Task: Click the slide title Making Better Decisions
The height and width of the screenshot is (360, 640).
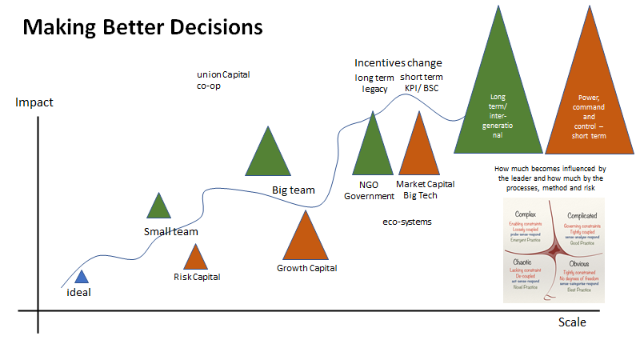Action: point(142,27)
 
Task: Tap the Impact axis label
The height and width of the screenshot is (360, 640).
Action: point(34,103)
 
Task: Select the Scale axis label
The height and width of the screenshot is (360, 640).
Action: point(572,322)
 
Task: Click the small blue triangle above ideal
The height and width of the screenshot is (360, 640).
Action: point(81,278)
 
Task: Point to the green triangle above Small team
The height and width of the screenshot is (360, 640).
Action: point(159,208)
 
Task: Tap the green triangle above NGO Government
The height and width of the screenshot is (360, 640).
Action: point(373,147)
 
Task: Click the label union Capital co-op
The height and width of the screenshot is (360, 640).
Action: point(223,79)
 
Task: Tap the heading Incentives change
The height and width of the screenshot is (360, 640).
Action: point(398,62)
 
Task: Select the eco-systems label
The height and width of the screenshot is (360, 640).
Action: point(407,221)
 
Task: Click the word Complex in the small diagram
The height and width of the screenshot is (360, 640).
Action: point(525,215)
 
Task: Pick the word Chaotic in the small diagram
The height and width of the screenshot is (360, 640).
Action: point(525,262)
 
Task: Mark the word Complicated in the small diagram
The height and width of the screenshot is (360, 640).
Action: point(582,216)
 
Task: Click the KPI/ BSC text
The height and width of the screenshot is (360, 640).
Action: point(421,88)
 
